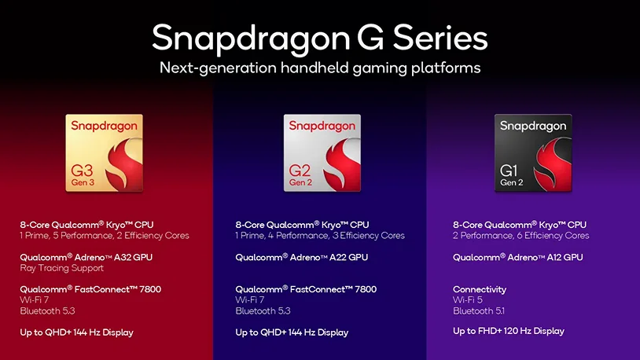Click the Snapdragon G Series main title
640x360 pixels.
point(319,37)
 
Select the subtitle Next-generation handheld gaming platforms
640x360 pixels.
point(319,68)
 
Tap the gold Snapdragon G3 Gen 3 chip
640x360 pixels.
point(105,153)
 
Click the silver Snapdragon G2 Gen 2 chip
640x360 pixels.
point(322,153)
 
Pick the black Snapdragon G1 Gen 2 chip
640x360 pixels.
point(533,153)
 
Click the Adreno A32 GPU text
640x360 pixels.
point(86,257)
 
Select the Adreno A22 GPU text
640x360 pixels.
point(301,257)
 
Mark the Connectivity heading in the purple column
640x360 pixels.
point(480,289)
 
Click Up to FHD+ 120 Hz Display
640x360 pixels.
point(508,331)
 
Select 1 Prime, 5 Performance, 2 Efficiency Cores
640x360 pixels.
point(105,236)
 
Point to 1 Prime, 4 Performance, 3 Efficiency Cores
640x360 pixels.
point(320,236)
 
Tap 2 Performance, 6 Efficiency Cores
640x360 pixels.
point(520,236)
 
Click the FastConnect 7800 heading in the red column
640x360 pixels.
point(90,289)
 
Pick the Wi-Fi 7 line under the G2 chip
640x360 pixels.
point(250,300)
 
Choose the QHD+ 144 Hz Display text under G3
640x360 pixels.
point(76,332)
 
